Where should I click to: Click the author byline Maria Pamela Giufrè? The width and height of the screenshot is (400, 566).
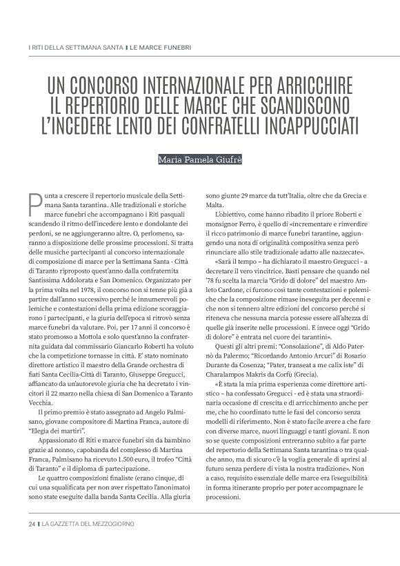199,160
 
